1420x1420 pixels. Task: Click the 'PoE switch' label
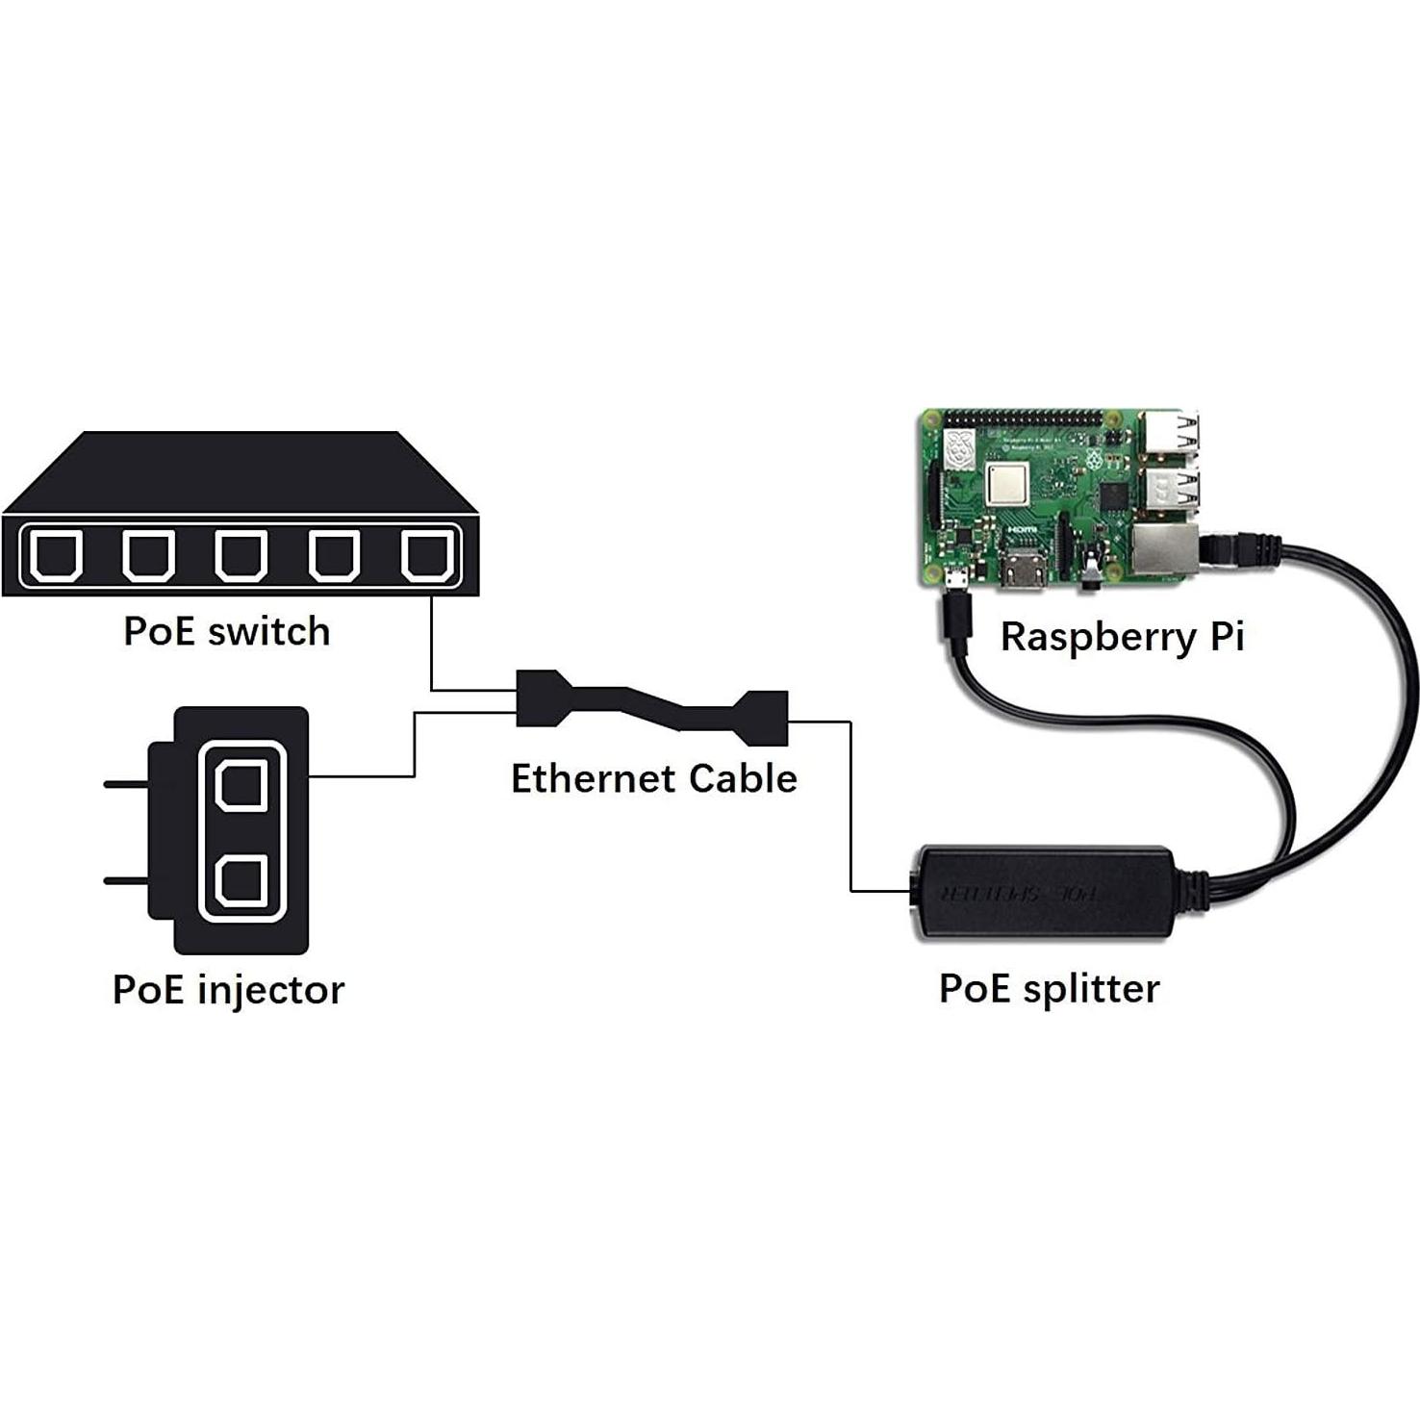click(227, 632)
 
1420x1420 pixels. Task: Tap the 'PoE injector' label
click(228, 990)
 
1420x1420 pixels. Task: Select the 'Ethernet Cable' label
click(653, 778)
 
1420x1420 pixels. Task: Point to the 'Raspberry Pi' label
click(1122, 637)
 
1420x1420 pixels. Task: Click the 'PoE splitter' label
click(1049, 989)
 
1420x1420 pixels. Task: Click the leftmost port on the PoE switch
click(55, 556)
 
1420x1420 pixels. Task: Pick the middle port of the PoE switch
click(241, 556)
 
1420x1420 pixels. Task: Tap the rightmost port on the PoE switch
click(427, 556)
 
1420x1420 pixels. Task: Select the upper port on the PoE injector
click(241, 784)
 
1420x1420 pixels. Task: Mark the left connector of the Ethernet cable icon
click(538, 698)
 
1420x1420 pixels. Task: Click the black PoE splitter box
click(1044, 892)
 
